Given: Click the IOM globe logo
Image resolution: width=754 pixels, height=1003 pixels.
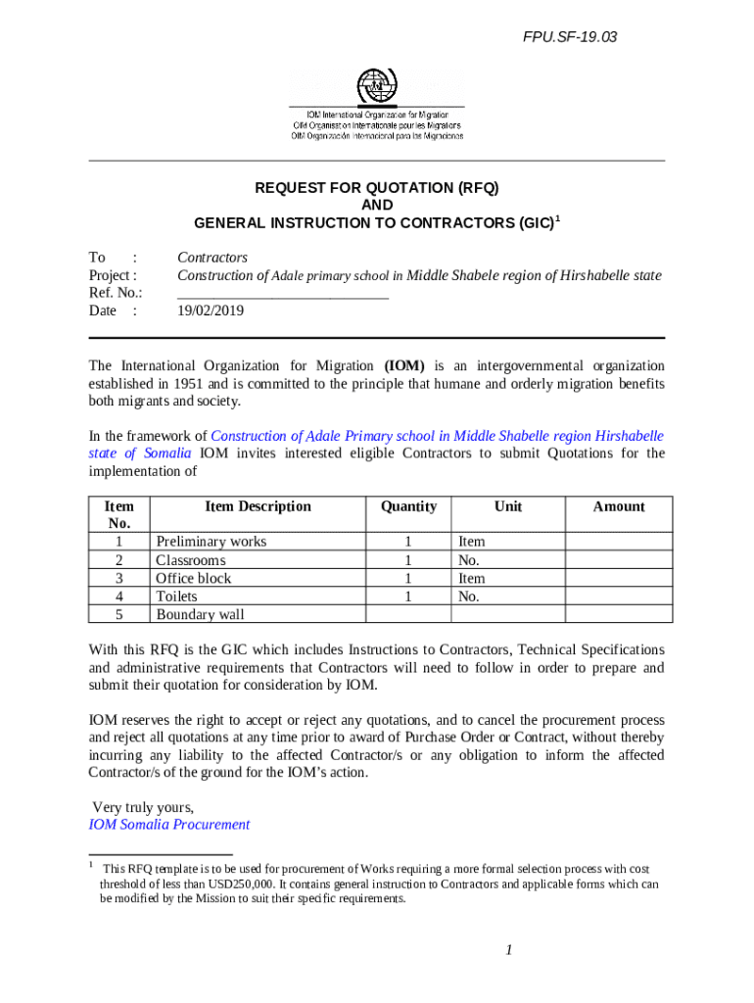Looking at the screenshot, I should pyautogui.click(x=377, y=87).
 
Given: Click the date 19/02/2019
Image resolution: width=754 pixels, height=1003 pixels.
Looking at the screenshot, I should pyautogui.click(x=211, y=310).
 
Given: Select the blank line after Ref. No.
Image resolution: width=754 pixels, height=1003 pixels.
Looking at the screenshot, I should pyautogui.click(x=283, y=293).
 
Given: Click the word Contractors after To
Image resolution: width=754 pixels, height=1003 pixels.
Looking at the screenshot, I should pyautogui.click(x=212, y=258).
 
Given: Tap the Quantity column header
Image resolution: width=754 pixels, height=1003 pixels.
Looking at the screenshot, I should pyautogui.click(x=408, y=506).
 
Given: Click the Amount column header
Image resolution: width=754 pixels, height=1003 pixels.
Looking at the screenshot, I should pyautogui.click(x=619, y=506).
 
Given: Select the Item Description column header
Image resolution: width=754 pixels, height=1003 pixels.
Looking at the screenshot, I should pyautogui.click(x=258, y=506).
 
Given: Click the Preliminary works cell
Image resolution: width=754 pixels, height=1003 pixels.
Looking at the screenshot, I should pyautogui.click(x=212, y=542).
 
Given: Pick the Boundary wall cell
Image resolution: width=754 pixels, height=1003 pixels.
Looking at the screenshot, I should pyautogui.click(x=201, y=614).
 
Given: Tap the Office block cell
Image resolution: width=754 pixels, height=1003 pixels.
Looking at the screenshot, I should pyautogui.click(x=194, y=578).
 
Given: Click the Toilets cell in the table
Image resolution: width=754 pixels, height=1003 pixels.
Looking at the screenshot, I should pyautogui.click(x=176, y=597).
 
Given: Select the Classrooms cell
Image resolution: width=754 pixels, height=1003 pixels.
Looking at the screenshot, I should pyautogui.click(x=191, y=560).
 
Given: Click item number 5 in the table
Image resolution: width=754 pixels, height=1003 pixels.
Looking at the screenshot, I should pyautogui.click(x=118, y=614).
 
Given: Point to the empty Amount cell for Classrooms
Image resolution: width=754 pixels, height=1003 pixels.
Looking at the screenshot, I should pyautogui.click(x=619, y=560).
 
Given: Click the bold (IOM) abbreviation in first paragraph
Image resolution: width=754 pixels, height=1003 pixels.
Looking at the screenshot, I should pyautogui.click(x=403, y=365).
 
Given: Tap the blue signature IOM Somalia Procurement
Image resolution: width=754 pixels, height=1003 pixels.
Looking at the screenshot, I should pyautogui.click(x=169, y=825).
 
